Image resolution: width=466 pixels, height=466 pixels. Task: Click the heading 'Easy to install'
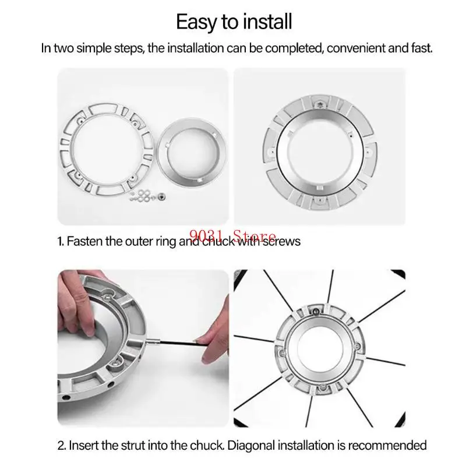[x=234, y=22]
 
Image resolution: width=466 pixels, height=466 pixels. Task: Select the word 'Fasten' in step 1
[x=85, y=241]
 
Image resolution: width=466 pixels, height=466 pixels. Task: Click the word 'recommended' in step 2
[x=391, y=446]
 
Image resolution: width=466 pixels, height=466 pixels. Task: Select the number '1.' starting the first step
[x=61, y=241]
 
